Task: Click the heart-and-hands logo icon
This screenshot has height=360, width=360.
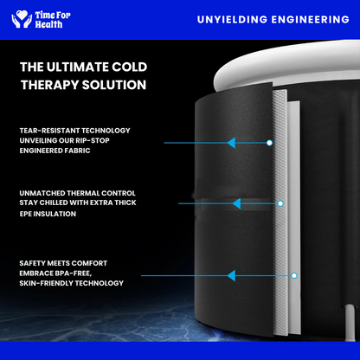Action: pyautogui.click(x=22, y=19)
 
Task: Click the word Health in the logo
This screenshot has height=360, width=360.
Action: pyautogui.click(x=48, y=24)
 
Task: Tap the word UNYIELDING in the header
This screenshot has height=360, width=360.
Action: pyautogui.click(x=232, y=20)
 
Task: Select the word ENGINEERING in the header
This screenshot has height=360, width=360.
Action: pyautogui.click(x=311, y=20)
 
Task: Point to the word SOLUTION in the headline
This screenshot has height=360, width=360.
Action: pyautogui.click(x=114, y=85)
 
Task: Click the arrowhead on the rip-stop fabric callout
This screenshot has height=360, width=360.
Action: pyautogui.click(x=231, y=143)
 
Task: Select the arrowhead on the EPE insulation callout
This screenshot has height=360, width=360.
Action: pyautogui.click(x=236, y=203)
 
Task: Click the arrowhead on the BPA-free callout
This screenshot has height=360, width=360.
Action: pyautogui.click(x=231, y=275)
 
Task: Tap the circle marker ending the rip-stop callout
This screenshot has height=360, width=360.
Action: pyautogui.click(x=269, y=143)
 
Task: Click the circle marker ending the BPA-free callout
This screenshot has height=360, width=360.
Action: pyautogui.click(x=294, y=275)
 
